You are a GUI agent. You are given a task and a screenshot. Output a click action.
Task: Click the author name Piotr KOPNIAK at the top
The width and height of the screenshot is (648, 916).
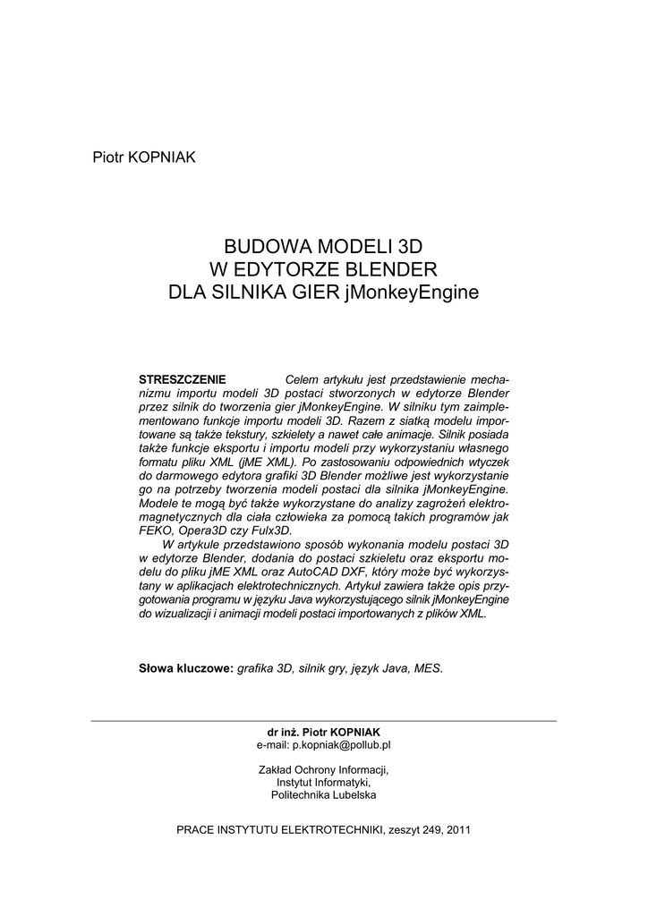[144, 157]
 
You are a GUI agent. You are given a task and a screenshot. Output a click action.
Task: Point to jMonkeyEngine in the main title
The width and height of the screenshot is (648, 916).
[411, 292]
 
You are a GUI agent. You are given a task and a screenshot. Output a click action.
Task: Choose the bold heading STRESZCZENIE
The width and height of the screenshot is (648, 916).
[182, 378]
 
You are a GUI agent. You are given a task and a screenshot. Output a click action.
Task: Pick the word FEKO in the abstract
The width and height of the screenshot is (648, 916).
[157, 530]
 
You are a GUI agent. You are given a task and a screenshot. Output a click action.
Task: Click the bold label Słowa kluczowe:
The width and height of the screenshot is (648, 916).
[185, 668]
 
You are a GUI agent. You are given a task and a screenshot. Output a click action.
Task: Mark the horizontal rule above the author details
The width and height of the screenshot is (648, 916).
[324, 720]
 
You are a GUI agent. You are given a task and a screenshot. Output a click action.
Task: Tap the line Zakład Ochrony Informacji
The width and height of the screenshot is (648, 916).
[324, 769]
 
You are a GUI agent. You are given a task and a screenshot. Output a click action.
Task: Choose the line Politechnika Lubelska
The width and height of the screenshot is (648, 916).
[324, 794]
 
